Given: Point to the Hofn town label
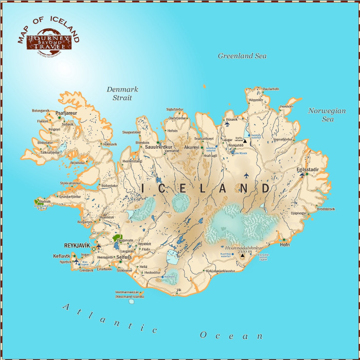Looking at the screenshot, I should click(285, 244).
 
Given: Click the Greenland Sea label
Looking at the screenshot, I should click(243, 56).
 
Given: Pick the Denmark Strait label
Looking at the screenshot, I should click(119, 93).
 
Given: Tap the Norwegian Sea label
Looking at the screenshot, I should click(327, 115).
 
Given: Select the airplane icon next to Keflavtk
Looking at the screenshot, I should click(76, 261).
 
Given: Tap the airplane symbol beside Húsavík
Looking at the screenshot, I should click(227, 124).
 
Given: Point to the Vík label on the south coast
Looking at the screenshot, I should click(179, 290).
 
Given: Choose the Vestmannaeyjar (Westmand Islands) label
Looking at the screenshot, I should click(130, 295).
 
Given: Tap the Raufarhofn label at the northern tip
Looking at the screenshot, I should click(271, 89).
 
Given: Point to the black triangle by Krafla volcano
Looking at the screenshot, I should click(245, 140).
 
